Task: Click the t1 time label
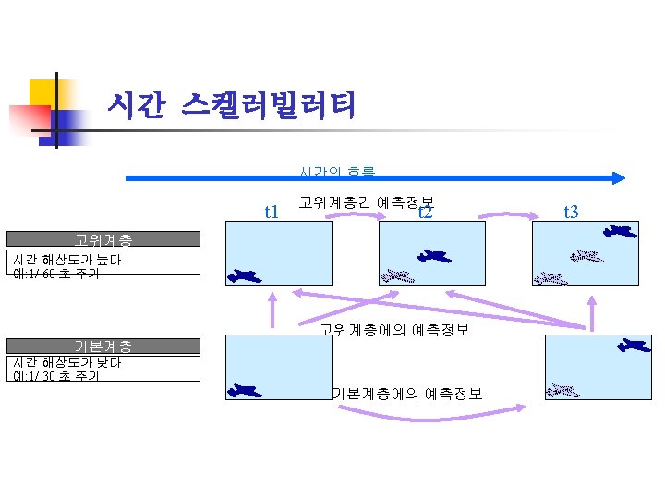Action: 272,213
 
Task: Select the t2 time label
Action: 426,213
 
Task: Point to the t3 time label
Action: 570,213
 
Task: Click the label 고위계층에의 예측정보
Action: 394,328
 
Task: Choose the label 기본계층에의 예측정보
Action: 406,394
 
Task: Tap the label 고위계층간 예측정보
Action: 367,201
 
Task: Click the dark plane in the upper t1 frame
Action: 244,274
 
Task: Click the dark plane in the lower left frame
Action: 244,391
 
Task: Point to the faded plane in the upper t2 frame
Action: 397,274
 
